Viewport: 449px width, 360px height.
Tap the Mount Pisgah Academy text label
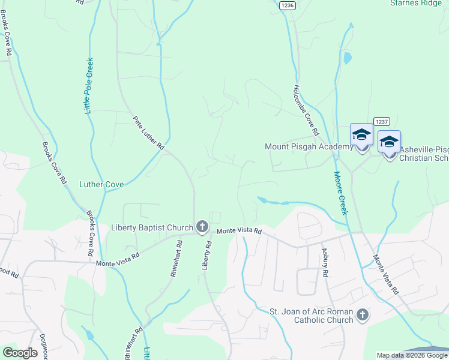coord(309,147)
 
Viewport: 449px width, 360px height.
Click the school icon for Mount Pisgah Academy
coord(361,136)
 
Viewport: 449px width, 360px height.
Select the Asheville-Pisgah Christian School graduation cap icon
coord(389,143)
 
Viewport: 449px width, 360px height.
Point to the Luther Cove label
coord(101,184)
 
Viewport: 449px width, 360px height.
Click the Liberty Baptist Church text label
coord(152,227)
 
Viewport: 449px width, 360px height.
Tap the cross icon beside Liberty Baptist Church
coord(202,227)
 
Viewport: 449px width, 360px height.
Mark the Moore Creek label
coord(340,193)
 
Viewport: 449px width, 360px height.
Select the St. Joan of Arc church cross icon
coord(362,314)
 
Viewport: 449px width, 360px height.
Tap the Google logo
coord(20,353)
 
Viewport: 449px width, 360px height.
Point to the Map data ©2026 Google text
coord(412,355)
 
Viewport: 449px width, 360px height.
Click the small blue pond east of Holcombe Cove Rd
coord(346,59)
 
